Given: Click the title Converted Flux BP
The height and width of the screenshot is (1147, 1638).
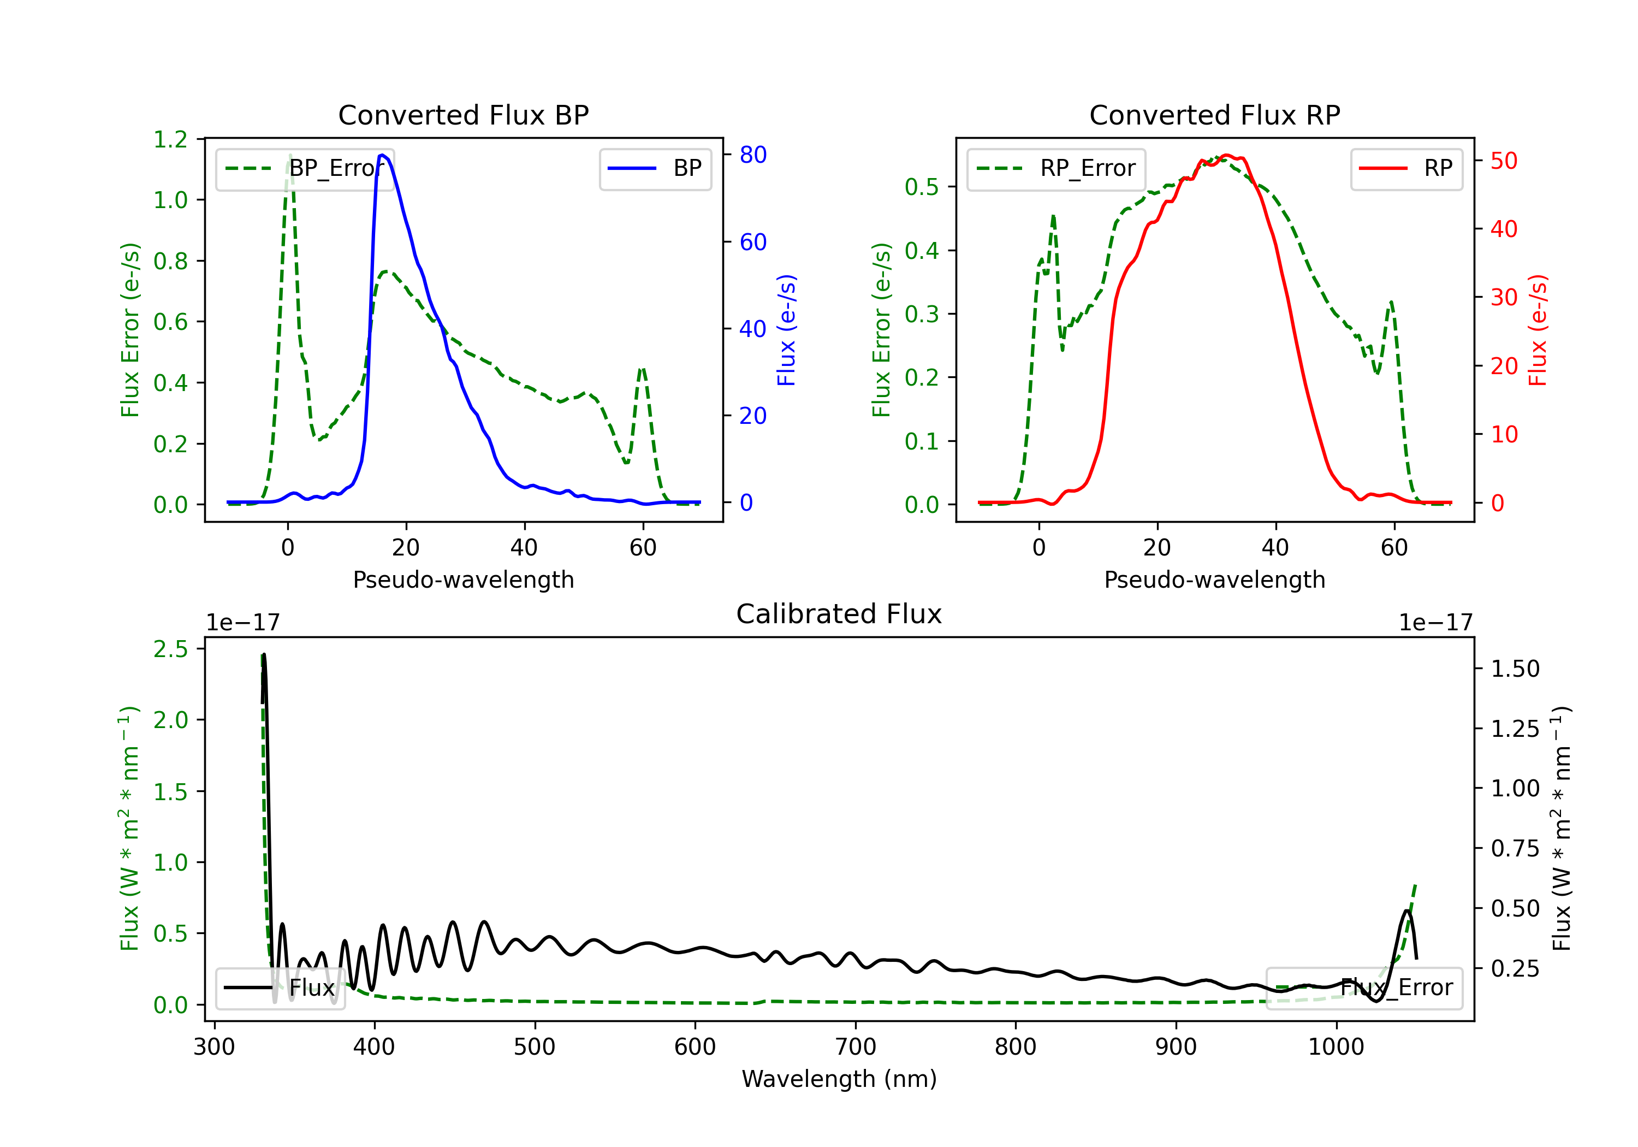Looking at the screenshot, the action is point(463,115).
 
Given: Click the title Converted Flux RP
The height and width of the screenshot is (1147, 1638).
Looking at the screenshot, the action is point(1214,115).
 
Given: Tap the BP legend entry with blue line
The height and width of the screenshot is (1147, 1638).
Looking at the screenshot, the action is point(655,168).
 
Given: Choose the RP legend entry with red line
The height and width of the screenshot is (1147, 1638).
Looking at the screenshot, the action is point(1405,168).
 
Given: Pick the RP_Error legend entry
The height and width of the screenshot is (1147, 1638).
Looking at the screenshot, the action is point(1056,168).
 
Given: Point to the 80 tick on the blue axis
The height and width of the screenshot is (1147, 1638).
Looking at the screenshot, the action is point(752,155).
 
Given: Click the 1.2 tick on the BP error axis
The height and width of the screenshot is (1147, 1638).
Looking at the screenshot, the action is point(170,139).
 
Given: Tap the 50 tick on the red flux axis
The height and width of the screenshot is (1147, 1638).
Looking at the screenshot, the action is point(1504,161).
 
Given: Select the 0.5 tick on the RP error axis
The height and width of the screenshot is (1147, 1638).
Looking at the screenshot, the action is point(922,187).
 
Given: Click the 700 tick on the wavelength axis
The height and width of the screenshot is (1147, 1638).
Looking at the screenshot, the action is point(854,1047).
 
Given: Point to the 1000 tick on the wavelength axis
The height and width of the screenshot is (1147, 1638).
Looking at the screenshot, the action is point(1336,1047).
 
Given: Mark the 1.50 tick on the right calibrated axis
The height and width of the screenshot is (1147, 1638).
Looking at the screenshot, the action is point(1515,669).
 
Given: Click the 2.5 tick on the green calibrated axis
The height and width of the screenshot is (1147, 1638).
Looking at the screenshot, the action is point(170,649).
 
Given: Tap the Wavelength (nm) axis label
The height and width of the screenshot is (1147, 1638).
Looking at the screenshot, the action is point(839,1079).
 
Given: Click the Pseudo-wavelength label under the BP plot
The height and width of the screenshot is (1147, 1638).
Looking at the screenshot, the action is point(463,580).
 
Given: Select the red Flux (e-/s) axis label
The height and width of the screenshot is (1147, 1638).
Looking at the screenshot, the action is point(1538,330).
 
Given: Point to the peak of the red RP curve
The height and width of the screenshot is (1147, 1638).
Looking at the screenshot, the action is point(1226,155).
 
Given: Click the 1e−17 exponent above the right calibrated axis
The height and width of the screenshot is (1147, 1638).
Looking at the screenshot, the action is point(1435,623).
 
